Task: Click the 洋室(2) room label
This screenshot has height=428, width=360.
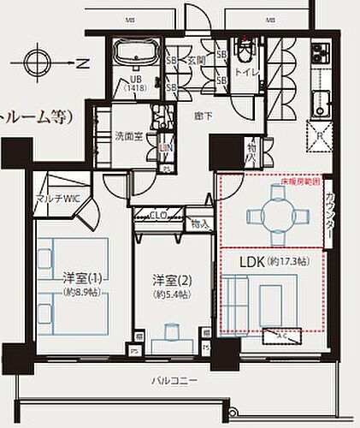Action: click(x=169, y=280)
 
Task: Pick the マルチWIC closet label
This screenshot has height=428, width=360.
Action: click(x=57, y=199)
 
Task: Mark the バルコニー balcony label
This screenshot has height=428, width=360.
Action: click(x=176, y=379)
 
